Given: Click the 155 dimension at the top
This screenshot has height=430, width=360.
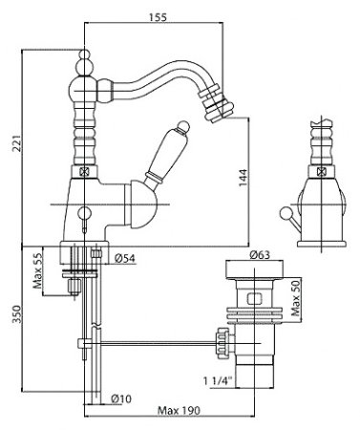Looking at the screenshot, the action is (x=158, y=17).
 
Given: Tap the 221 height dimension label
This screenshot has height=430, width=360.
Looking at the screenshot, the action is (x=16, y=143).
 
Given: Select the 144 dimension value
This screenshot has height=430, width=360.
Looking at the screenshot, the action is (x=243, y=178).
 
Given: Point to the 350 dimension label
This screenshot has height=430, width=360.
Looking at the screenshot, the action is (x=16, y=314).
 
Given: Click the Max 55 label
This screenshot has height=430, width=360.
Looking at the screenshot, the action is (x=38, y=271).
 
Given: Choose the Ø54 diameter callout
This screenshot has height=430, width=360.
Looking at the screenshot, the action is (x=125, y=258).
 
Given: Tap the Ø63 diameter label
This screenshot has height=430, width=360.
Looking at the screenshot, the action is (x=260, y=254).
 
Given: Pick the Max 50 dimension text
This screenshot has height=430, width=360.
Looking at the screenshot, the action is (x=296, y=298).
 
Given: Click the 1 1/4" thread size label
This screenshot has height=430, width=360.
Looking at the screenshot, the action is (x=218, y=380).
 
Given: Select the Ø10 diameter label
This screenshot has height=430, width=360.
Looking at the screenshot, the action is (x=121, y=398).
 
